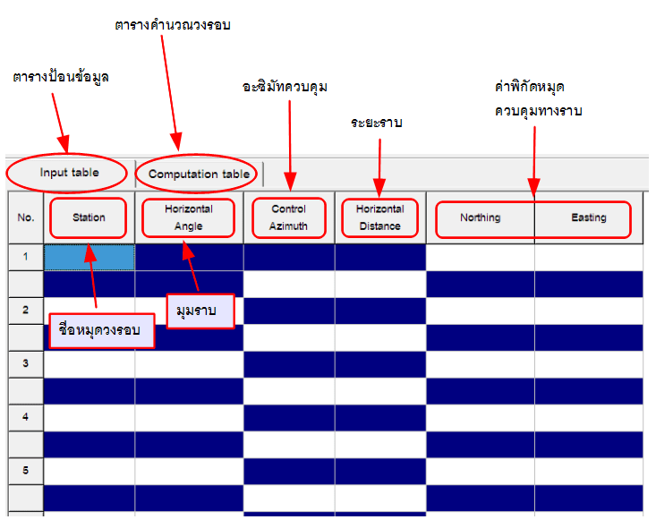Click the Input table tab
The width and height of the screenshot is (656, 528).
coord(69,172)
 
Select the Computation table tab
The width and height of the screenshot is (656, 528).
coord(199,174)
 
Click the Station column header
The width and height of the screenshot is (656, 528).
coord(89,217)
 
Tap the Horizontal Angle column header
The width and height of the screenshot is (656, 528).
coord(189,217)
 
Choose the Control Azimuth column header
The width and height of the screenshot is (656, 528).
coord(288,217)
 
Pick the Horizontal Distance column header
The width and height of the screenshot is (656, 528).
coord(379,217)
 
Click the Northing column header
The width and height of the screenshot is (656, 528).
coord(480,217)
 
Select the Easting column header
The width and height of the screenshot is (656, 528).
coord(588,217)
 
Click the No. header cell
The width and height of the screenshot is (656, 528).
coord(25,217)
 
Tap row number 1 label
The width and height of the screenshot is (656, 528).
coord(25,257)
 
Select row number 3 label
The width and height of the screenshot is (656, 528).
coord(25,363)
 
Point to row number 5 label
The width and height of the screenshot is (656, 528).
coord(25,470)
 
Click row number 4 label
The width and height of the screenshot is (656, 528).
coord(25,417)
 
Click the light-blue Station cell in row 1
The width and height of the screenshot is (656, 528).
coord(89,257)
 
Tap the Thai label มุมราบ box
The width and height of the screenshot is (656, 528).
coord(200,311)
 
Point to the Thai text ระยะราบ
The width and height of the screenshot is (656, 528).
coord(376,123)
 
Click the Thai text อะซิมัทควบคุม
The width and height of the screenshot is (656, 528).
coord(285,87)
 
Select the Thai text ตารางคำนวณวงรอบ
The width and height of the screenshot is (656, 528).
coord(173,25)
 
